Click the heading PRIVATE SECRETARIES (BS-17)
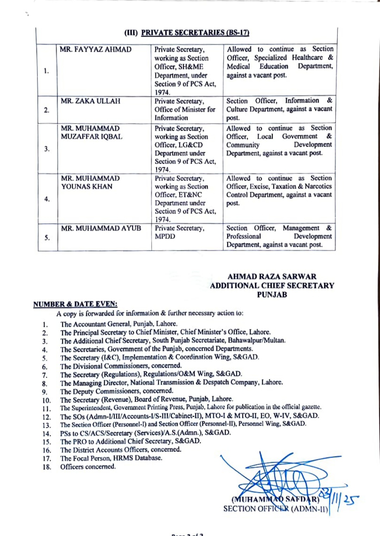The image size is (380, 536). pos(195,33)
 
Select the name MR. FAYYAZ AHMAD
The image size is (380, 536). pos(96,49)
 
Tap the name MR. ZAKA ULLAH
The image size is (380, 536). pos(90,101)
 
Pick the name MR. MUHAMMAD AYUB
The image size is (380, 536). pos(101,228)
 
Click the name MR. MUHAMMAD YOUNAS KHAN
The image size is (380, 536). pos(90,182)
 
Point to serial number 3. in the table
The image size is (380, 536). pos(47,149)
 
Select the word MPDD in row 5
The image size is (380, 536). pos(165,236)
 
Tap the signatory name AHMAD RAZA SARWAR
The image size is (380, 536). pos(272,276)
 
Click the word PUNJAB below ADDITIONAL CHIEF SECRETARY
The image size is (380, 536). pos(272,295)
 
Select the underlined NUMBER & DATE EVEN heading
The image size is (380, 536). pos(75,304)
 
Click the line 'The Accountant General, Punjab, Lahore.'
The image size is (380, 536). pos(119,324)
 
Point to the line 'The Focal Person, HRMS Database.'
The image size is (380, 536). pos(111,458)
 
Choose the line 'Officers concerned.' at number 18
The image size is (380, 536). pos(88,467)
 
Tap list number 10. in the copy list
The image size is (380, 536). pos(46,400)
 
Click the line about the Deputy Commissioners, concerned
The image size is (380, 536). pos(117,391)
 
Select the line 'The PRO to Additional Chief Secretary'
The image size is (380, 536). pos(131,441)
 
